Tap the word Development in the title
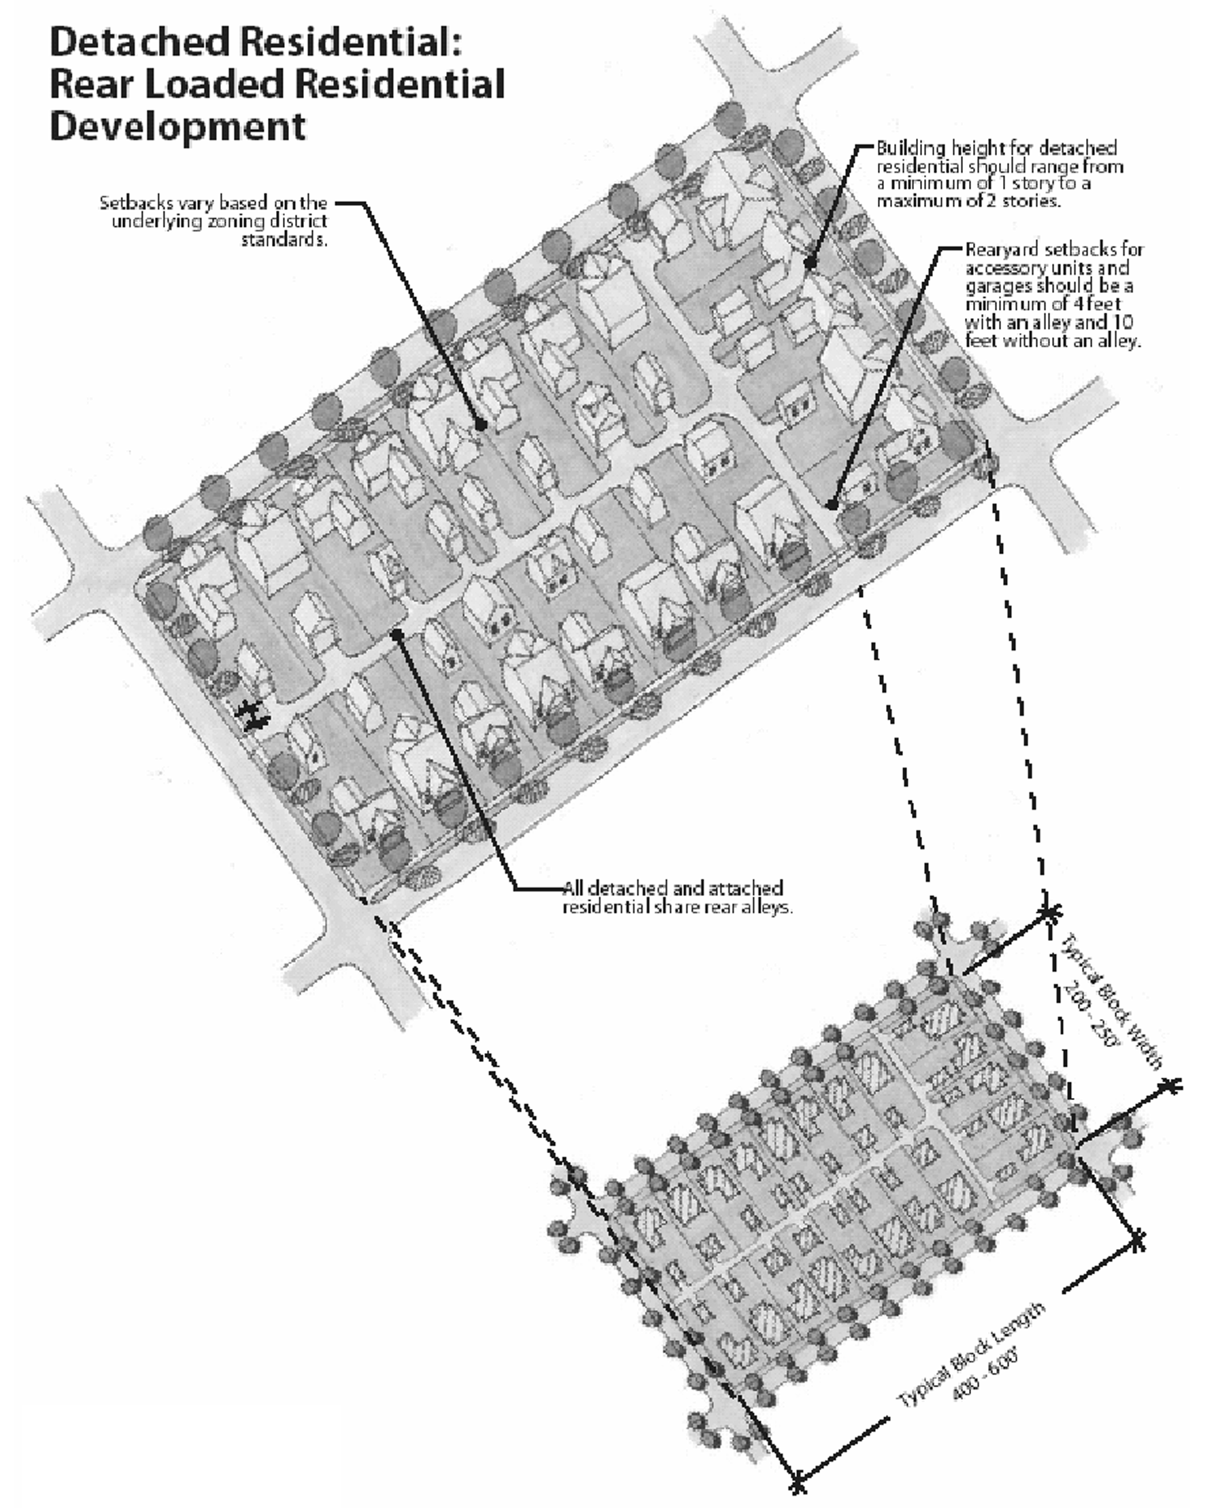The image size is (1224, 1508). coord(177,127)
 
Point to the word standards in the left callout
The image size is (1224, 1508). coord(284,240)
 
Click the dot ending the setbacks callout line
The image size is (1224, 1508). coord(481,426)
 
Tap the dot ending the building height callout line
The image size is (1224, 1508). coord(810,264)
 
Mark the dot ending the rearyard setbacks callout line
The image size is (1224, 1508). coord(832,504)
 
